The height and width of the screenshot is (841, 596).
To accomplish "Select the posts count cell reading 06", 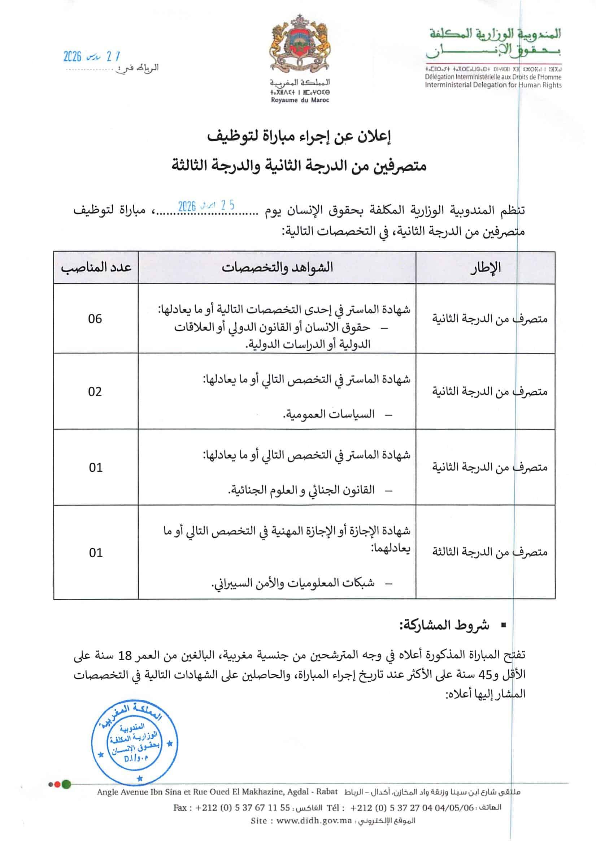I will click(95, 318).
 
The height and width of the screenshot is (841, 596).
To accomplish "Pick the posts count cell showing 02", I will click(95, 392).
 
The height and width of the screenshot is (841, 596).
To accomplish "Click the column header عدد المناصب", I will click(96, 267).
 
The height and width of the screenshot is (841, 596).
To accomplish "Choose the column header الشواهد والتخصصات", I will click(277, 267).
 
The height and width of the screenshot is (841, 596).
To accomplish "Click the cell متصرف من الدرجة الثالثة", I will click(489, 552).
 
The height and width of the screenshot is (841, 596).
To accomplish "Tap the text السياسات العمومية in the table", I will click(329, 414).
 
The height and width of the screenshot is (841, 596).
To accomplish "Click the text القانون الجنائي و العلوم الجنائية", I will click(301, 490).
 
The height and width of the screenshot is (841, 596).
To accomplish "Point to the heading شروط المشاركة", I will click(444, 625).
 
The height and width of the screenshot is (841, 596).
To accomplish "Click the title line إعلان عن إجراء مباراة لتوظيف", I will click(299, 137).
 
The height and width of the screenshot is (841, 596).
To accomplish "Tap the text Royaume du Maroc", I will click(300, 100).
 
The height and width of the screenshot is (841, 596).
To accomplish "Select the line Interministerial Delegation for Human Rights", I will click(493, 85).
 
